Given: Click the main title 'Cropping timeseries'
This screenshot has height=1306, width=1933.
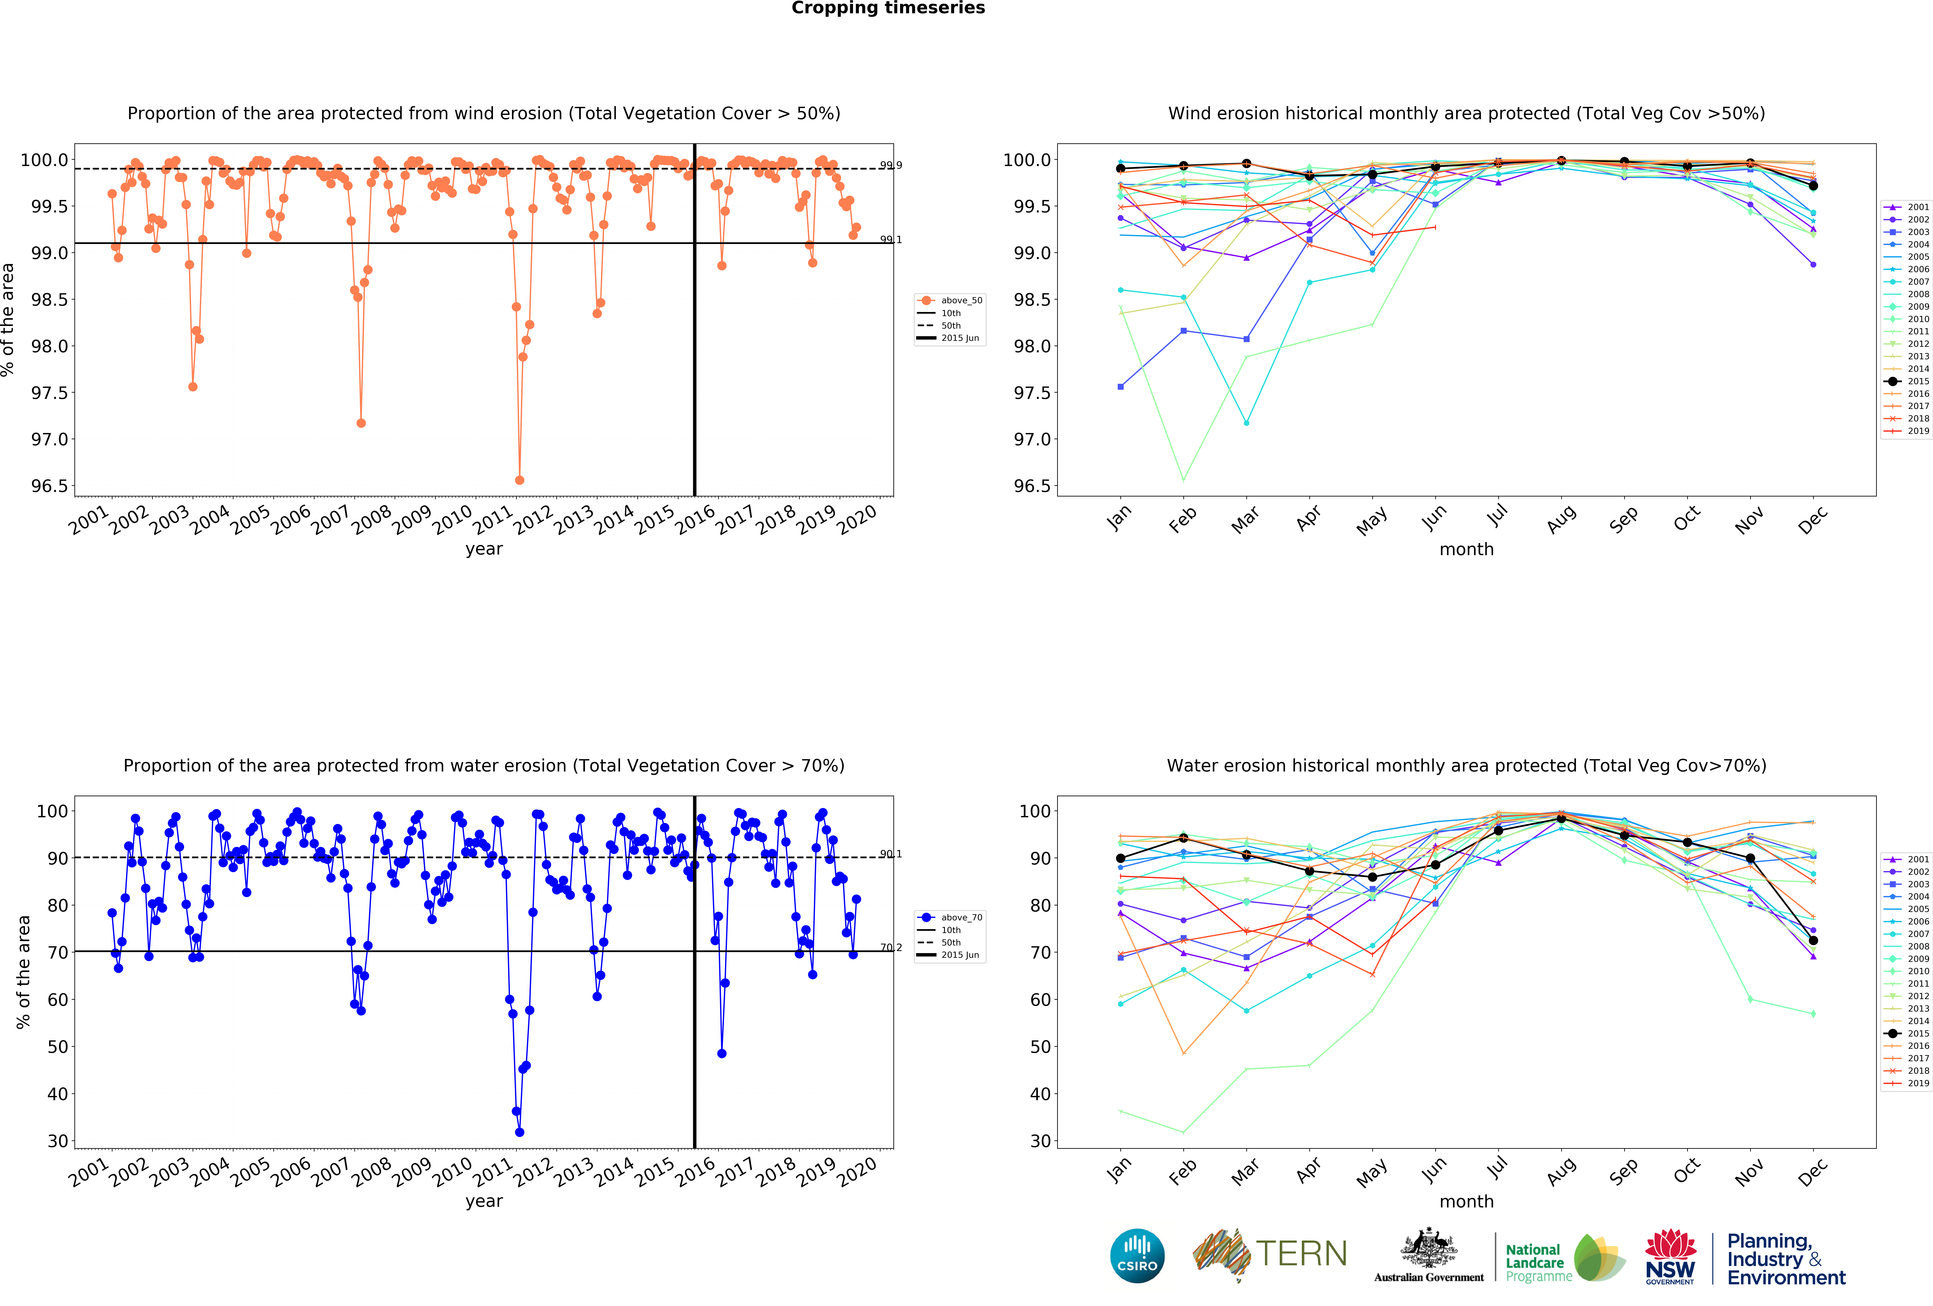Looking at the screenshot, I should coord(887,8).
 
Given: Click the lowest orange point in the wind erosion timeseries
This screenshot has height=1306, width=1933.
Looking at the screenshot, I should coord(520,480).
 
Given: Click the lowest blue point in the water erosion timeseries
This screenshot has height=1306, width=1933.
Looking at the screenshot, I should coord(520,1132).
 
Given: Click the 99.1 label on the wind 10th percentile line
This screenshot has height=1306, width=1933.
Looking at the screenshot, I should coord(891,240).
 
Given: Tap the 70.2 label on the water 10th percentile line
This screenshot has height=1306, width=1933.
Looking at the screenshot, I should coord(891,948).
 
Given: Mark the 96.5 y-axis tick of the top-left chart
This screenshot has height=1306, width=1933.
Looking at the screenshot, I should coord(48,486).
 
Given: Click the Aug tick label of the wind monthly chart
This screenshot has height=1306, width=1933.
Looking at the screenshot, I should coord(1561,517).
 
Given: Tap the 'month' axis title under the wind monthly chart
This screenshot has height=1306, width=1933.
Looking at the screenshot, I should coord(1466,549).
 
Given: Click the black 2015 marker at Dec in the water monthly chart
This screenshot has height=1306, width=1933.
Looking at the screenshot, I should coord(1813,940).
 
